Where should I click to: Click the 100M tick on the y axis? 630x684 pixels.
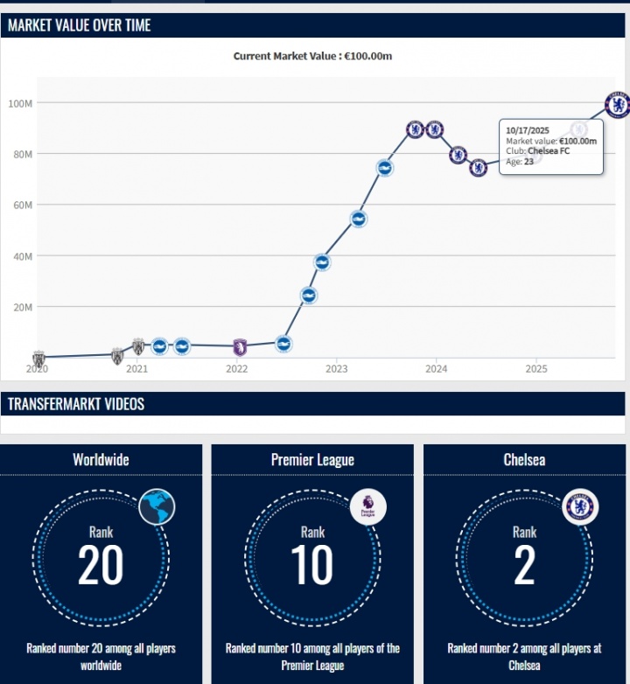[x=20, y=103]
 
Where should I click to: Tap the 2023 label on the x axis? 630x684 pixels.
[x=337, y=369]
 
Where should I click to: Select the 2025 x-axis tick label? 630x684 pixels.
[x=536, y=369]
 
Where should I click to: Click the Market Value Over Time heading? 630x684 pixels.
[x=80, y=25]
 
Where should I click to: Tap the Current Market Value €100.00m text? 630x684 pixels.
[x=312, y=57]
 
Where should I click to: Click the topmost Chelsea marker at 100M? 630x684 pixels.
[x=618, y=104]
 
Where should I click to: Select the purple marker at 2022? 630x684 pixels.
[x=240, y=347]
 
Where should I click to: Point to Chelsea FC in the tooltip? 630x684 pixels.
[x=550, y=150]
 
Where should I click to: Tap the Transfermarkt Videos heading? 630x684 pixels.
[x=76, y=404]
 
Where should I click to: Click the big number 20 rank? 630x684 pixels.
[x=101, y=565]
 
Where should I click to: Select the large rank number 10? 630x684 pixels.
[x=312, y=565]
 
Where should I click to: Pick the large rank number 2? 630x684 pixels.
[x=524, y=565]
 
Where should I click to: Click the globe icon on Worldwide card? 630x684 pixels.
[x=157, y=506]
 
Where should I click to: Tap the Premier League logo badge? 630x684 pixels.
[x=367, y=507]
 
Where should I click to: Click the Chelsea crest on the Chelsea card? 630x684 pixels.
[x=579, y=506]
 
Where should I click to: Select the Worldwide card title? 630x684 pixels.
[x=101, y=460]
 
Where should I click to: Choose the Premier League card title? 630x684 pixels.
[x=312, y=460]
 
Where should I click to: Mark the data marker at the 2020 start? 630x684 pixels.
[x=38, y=358]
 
